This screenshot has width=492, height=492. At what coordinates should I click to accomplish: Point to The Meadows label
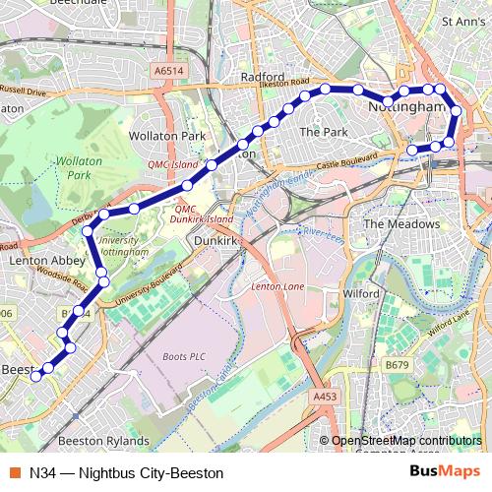coord(401,224)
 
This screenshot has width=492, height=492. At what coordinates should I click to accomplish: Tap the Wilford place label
coord(362,293)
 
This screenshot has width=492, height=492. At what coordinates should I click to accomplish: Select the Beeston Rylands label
coord(104,441)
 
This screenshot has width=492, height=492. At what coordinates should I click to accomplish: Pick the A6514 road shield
coord(168,71)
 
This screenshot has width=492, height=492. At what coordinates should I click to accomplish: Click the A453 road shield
coord(326,396)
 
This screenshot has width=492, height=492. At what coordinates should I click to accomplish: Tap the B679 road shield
coord(397,365)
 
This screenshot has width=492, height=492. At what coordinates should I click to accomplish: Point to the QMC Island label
coord(172,165)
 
